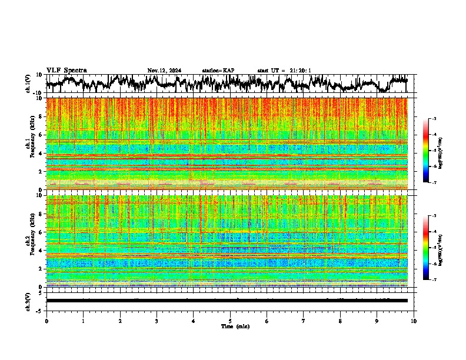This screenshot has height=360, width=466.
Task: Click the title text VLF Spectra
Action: [66, 71]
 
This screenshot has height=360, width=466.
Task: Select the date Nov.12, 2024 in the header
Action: [164, 71]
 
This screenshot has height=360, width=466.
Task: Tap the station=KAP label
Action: [218, 71]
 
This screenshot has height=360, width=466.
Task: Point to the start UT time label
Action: [284, 71]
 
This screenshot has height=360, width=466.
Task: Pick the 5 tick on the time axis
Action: [230, 321]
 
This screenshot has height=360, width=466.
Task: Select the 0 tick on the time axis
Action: [46, 321]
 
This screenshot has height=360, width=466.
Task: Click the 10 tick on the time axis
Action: [414, 321]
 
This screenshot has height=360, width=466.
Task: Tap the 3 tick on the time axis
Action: [157, 321]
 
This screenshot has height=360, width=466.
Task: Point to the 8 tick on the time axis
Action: [340, 321]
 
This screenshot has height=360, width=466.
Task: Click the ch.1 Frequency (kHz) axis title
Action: [31, 143]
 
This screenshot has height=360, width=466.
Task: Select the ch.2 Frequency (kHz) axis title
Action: [31, 241]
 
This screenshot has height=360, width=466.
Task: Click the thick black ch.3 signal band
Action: [227, 301]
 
